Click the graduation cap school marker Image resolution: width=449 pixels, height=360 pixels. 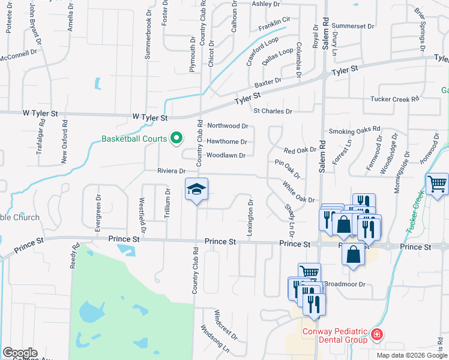click(x=196, y=190)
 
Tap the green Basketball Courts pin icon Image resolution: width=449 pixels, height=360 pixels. click(x=176, y=139)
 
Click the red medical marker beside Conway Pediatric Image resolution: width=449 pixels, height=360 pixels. click(x=376, y=334)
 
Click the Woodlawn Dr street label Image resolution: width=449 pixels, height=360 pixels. click(x=226, y=156)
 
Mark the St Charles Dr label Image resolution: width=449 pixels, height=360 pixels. click(x=273, y=112)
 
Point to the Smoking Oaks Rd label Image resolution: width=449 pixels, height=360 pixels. click(x=355, y=130)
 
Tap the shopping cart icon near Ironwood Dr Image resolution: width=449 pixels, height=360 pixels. click(x=436, y=184)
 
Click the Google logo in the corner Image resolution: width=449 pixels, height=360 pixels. click(x=20, y=353)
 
